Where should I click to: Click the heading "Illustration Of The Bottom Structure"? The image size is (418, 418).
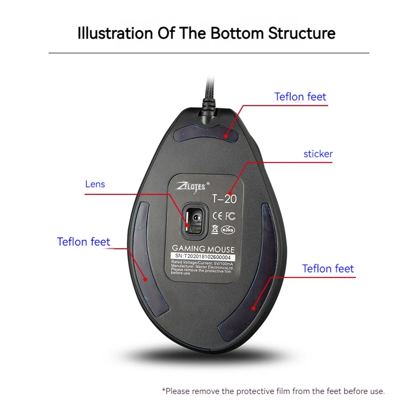[206, 33]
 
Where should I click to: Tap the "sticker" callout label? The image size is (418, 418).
[318, 154]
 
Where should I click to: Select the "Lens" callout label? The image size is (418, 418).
[95, 184]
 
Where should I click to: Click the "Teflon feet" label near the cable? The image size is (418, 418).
[300, 97]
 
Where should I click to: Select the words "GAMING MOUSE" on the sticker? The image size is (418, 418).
[203, 250]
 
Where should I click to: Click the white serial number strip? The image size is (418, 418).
[203, 258]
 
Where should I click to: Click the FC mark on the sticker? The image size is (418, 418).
[230, 216]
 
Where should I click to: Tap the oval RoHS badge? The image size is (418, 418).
[228, 229]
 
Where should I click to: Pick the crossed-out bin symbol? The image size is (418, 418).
[215, 228]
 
